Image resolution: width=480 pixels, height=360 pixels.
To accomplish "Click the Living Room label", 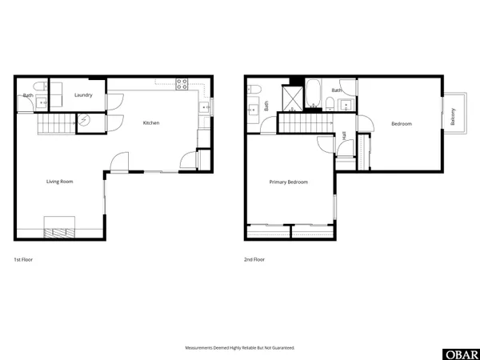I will [59, 182].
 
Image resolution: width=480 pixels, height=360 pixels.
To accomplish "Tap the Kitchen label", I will [151, 122].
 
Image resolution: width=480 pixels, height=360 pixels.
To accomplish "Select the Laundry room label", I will [83, 95].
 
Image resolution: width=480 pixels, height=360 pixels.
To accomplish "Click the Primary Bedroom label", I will [288, 182].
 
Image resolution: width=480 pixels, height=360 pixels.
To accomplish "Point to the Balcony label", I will [454, 117].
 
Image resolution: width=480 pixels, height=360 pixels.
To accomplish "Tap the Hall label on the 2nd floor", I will [344, 136].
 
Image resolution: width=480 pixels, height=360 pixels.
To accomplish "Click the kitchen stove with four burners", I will [182, 82].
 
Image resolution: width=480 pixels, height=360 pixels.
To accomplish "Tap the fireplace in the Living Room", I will [59, 232].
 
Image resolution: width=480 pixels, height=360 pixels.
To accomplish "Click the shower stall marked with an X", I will [294, 97].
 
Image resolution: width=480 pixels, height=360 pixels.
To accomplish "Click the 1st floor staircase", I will [54, 124].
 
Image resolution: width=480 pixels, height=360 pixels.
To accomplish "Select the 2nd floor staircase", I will [304, 123].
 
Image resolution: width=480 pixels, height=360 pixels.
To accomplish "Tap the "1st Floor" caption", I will [24, 260].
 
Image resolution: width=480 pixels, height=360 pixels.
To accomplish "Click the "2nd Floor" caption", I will [254, 260].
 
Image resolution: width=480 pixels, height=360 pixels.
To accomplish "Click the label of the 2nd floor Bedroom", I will [401, 123].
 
